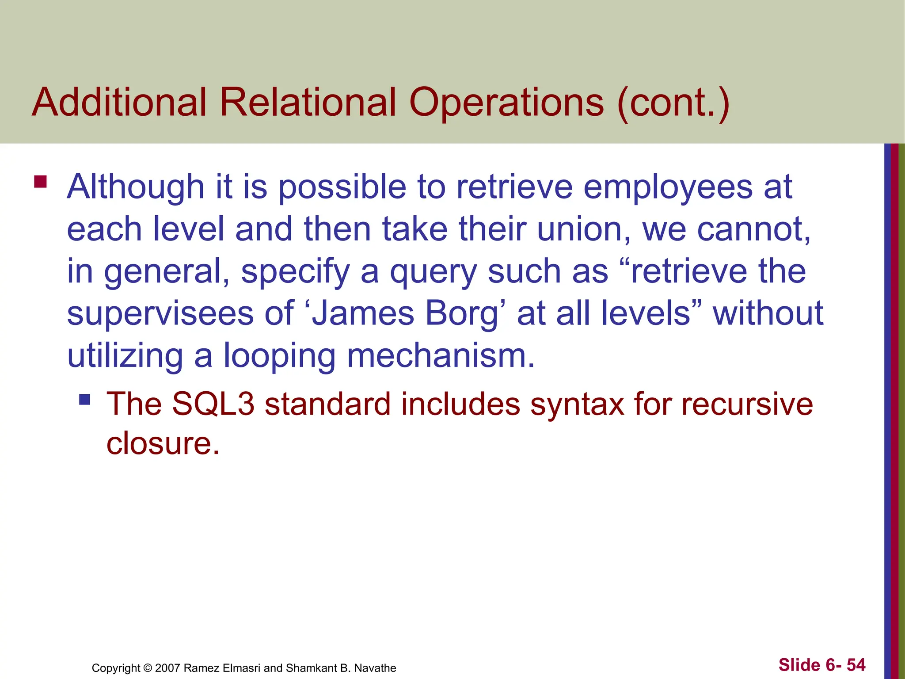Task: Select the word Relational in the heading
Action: click(308, 103)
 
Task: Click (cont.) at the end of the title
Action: click(673, 103)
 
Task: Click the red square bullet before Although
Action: click(41, 182)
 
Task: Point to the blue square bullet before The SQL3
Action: click(84, 400)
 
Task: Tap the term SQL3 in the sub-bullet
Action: click(213, 404)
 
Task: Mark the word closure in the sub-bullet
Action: click(163, 443)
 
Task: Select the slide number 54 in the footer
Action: click(856, 665)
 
